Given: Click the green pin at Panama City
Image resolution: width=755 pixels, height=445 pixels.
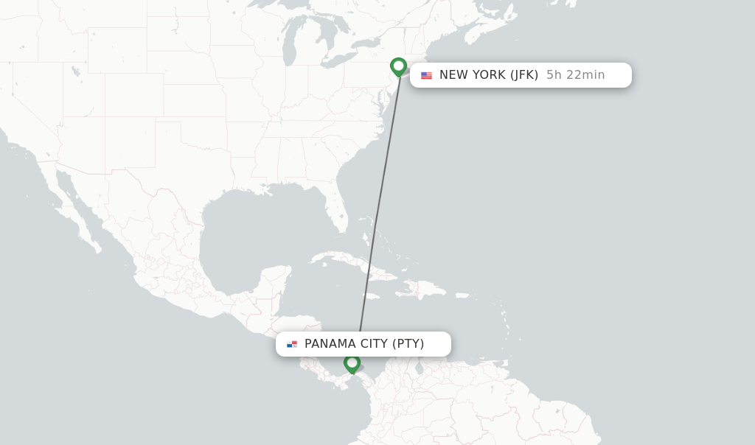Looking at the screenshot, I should [x=352, y=363].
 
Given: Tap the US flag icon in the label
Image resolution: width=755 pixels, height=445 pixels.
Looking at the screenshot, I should [x=426, y=75].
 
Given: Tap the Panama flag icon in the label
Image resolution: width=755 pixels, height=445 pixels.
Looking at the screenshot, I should [x=292, y=344].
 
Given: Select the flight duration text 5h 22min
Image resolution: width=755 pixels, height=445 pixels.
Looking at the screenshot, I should [x=575, y=75].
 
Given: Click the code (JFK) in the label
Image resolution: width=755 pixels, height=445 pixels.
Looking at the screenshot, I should [x=524, y=75].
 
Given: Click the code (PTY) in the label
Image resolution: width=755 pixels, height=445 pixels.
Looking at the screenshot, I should [x=408, y=344].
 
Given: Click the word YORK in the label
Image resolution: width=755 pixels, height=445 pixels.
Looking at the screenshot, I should [x=490, y=75].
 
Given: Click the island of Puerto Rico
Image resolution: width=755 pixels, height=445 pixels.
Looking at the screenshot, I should [x=462, y=295].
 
